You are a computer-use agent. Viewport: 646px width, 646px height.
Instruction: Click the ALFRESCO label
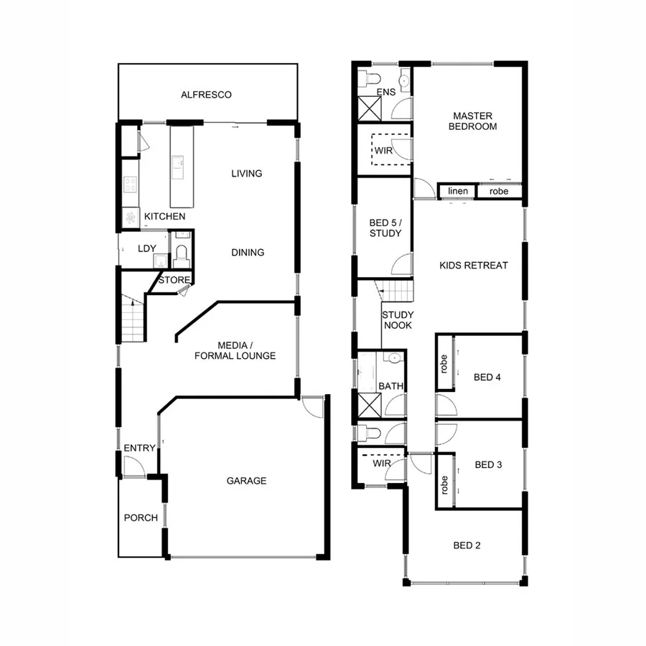tap(206, 95)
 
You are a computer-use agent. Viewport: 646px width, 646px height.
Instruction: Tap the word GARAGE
tap(246, 481)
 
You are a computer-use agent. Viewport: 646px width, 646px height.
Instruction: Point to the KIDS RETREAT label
tap(473, 266)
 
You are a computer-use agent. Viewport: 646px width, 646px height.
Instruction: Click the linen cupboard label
tap(457, 192)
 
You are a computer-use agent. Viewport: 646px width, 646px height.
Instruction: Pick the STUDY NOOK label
tap(396, 320)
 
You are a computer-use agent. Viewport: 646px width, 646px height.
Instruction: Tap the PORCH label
tap(141, 518)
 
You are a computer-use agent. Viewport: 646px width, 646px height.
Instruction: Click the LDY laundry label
tap(147, 249)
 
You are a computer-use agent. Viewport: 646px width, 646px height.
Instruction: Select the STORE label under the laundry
tap(175, 280)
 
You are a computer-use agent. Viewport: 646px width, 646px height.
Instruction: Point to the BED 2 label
tap(467, 546)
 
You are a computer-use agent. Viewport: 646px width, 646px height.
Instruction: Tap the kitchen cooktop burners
tap(131, 184)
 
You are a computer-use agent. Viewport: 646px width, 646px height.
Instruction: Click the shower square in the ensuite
tap(370, 108)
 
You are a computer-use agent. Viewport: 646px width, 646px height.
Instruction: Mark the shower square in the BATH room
tap(370, 406)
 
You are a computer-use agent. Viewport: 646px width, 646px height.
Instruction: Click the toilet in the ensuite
tap(370, 78)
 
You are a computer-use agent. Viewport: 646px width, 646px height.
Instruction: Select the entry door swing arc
tap(133, 467)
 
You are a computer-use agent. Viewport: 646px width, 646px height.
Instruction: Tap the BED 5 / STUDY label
tap(385, 228)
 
